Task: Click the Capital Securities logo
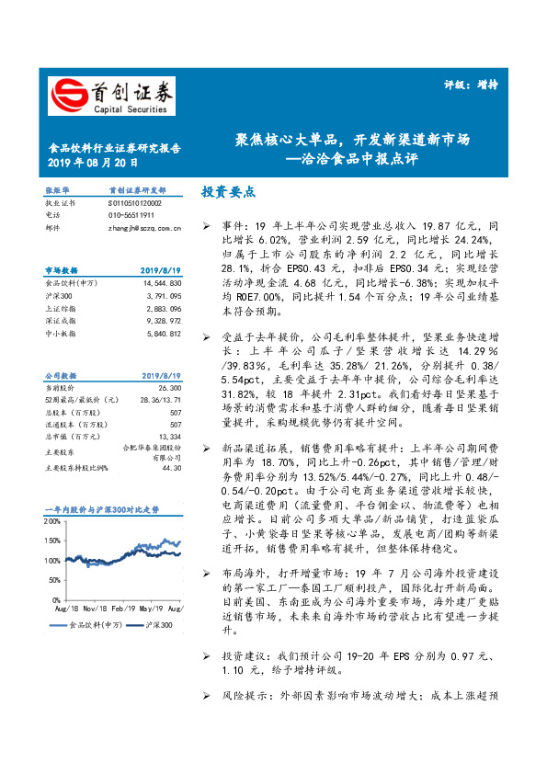click(110, 96)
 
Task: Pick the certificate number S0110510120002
click(134, 202)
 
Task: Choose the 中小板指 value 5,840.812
click(162, 334)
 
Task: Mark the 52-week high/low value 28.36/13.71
click(160, 402)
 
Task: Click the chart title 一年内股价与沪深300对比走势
click(102, 509)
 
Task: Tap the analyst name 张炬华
click(56, 190)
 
